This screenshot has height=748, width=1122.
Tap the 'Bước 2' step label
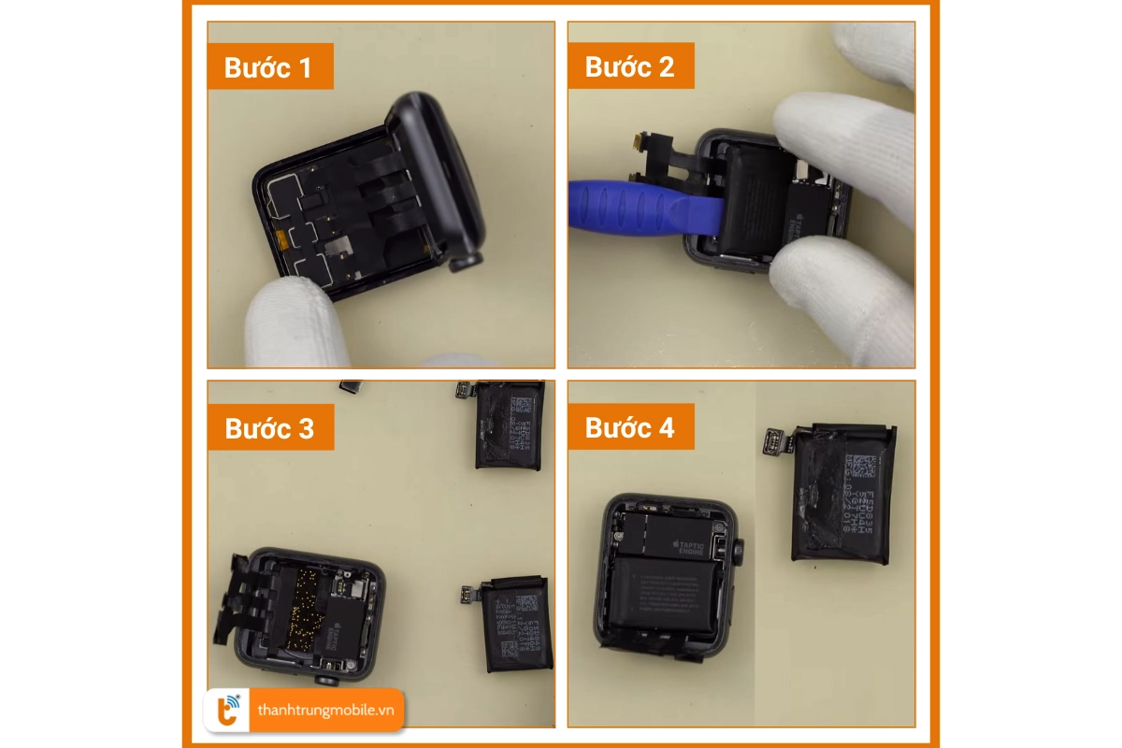pyautogui.click(x=630, y=67)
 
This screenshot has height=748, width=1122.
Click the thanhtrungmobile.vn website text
pyautogui.click(x=324, y=711)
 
